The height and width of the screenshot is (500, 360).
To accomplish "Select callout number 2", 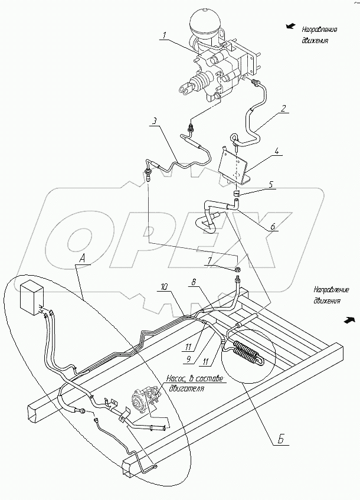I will pos(283,108).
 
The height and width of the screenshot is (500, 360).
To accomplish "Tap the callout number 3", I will pos(153,122).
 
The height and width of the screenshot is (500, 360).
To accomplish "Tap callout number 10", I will pos(164,287).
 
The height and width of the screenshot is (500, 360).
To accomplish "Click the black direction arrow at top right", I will pos(290,27).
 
